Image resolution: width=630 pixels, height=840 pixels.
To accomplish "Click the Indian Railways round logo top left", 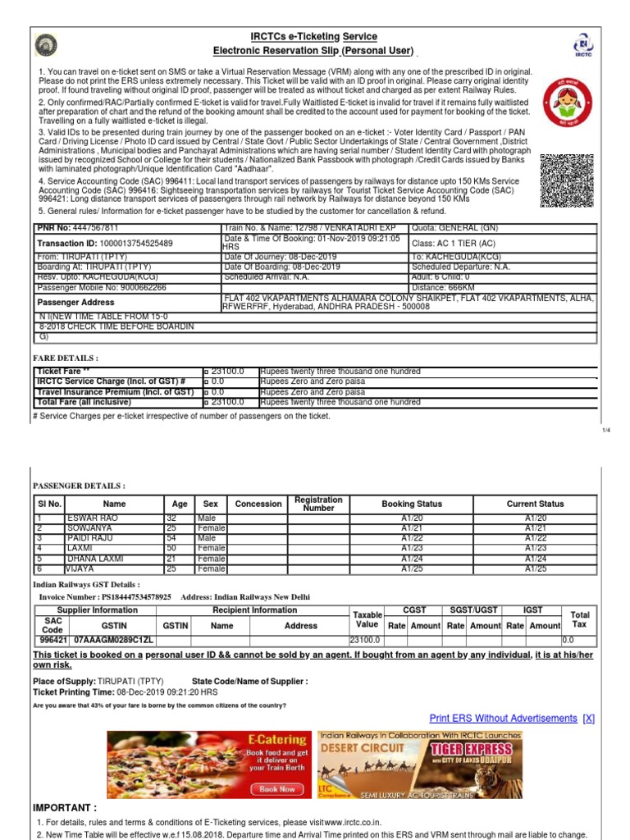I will click(x=45, y=45).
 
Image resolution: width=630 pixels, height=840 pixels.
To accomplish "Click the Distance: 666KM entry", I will click(x=443, y=288).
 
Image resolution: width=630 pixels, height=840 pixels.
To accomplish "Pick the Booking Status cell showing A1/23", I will click(x=410, y=548).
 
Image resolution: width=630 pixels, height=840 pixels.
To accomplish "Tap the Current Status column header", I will click(x=534, y=504).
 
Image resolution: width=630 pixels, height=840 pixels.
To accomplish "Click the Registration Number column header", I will click(x=318, y=504).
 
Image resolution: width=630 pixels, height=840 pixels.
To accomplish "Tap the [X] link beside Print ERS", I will click(x=588, y=719).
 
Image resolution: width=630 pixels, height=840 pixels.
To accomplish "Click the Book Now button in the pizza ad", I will click(x=276, y=788).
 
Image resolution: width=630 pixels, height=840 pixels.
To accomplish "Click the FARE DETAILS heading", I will click(x=66, y=358).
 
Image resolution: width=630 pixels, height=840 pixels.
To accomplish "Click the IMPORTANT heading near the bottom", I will click(x=65, y=808).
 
